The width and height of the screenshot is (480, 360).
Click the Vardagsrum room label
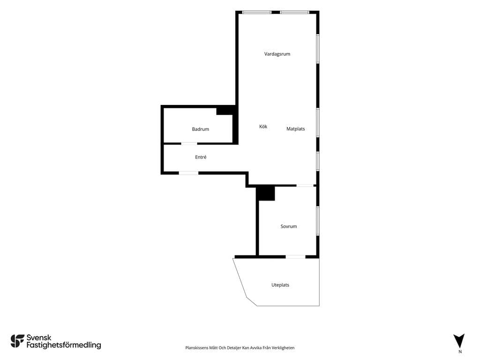click(277, 54)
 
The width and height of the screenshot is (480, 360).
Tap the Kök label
click(263, 127)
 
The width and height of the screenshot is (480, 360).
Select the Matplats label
click(295, 129)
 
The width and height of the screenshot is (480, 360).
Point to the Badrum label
click(201, 129)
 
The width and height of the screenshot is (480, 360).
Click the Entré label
click(201, 157)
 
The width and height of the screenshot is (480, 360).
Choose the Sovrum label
click(289, 226)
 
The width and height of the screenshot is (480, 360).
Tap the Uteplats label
click(280, 285)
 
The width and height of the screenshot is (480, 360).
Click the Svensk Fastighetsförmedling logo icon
click(17, 341)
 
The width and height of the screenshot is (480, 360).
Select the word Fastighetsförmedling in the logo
click(64, 345)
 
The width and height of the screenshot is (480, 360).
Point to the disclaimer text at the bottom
click(240, 348)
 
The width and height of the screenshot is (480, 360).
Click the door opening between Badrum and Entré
click(189, 143)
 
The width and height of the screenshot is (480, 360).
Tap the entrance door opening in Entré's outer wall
click(188, 173)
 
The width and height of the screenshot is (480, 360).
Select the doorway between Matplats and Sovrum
click(305, 186)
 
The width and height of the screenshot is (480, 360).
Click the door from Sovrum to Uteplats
click(295, 257)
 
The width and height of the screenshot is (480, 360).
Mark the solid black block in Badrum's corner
click(225, 110)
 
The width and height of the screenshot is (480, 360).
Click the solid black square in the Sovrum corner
click(265, 194)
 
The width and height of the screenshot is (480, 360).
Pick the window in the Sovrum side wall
click(318, 221)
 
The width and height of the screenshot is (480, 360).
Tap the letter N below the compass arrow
click(460, 352)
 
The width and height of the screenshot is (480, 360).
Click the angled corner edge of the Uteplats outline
click(252, 301)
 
